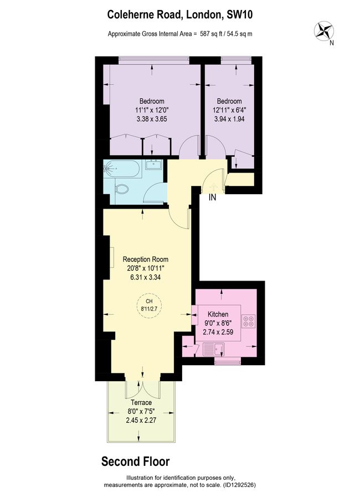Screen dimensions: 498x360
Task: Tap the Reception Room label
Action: click(146, 259)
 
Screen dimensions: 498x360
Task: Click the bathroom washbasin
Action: click(153, 164)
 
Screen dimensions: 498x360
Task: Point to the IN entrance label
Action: click(212, 198)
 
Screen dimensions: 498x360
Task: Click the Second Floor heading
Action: click(135, 461)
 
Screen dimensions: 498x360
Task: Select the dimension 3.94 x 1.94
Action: click(229, 118)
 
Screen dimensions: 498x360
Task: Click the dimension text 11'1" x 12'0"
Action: click(151, 110)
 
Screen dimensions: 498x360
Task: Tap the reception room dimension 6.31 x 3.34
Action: click(146, 277)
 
